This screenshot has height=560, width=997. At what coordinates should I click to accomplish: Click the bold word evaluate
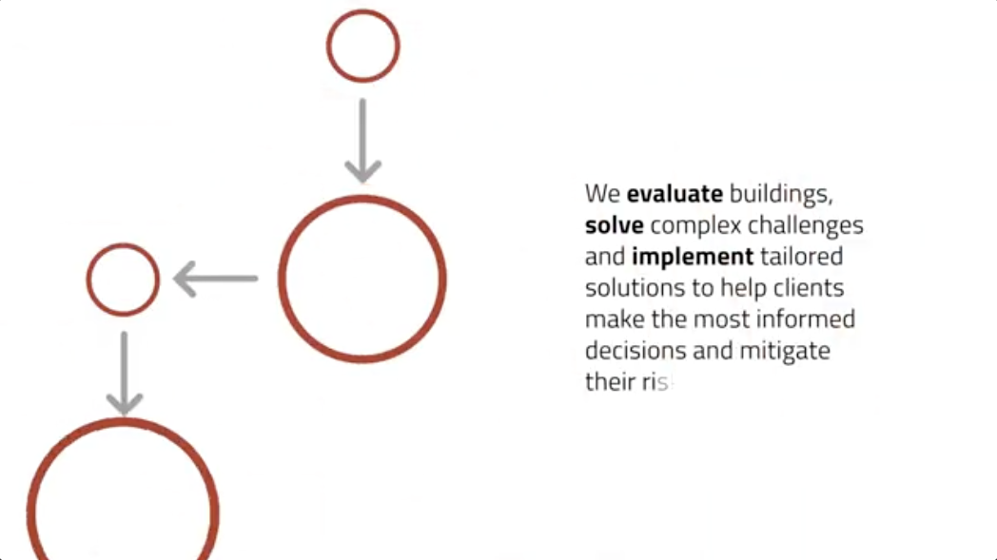(x=674, y=195)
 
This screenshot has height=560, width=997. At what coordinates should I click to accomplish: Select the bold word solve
(x=614, y=226)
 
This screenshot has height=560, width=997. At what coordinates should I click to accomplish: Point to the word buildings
(x=781, y=195)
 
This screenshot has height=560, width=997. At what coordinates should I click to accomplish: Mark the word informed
(x=808, y=319)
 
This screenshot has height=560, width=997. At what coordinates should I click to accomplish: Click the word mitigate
(x=783, y=351)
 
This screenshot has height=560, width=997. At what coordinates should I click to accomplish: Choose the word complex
(x=695, y=226)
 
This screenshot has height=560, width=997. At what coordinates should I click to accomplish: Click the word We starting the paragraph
(x=602, y=195)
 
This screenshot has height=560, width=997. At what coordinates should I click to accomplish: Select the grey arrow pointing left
(x=216, y=280)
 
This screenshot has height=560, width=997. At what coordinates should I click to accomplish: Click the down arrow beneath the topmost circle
(x=362, y=140)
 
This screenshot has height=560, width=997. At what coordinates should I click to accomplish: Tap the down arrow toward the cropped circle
(x=124, y=373)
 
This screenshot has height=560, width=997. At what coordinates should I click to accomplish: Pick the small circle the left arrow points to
(x=123, y=280)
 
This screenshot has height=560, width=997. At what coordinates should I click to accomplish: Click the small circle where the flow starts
(x=362, y=46)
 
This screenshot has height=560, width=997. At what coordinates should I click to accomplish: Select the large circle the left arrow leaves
(x=362, y=280)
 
